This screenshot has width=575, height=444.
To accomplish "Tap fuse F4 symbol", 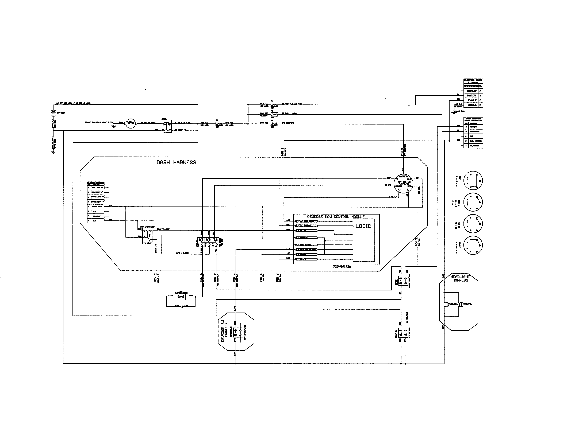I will click(x=274, y=104).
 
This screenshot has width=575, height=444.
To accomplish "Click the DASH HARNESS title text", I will click(x=176, y=163).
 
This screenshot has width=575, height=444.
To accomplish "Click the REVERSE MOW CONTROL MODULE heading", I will click(x=336, y=217).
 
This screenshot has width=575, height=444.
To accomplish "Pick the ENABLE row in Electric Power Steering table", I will click(x=472, y=100).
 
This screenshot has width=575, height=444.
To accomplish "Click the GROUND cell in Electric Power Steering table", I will click(x=472, y=105).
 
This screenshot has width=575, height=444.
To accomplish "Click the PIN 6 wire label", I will click(x=278, y=278).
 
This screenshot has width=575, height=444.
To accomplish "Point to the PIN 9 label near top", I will click(x=402, y=152).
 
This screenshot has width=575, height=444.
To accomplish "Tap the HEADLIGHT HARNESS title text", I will click(x=460, y=279).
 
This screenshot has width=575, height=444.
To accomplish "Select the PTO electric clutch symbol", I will click(x=181, y=297).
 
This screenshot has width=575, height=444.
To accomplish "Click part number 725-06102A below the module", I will click(x=342, y=266).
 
